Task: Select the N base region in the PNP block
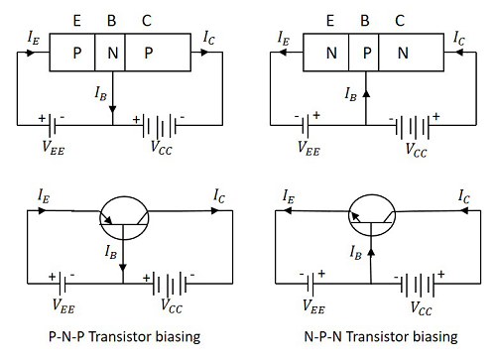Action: (114, 52)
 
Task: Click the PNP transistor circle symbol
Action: (123, 217)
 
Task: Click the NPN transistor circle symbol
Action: (369, 217)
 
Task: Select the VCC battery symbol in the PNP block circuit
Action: (163, 126)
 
